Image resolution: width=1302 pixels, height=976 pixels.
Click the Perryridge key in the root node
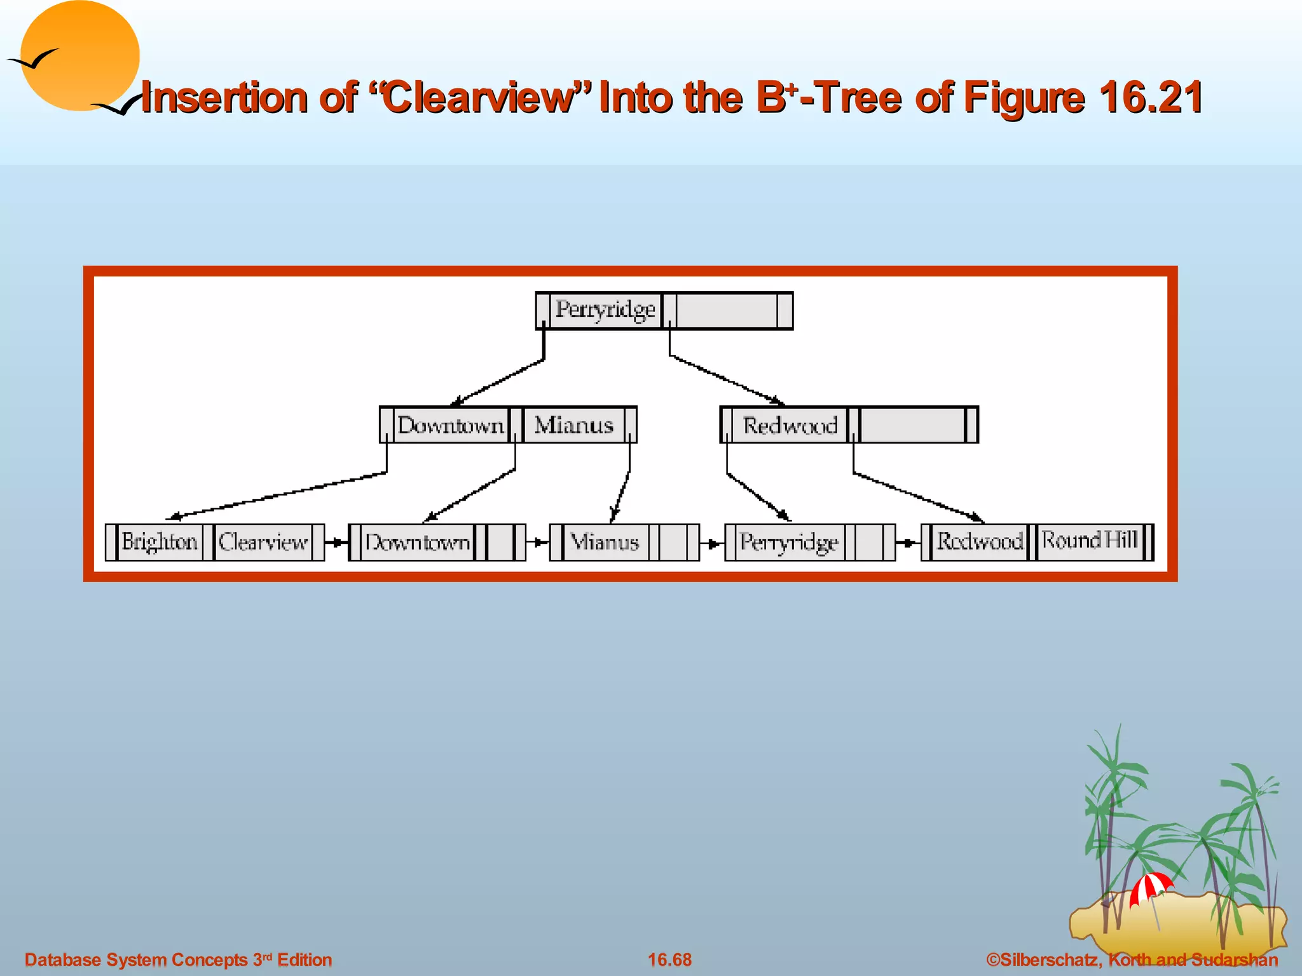(x=605, y=310)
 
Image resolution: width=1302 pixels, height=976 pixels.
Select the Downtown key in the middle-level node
(x=451, y=425)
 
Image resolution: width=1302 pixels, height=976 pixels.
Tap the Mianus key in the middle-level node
(x=573, y=425)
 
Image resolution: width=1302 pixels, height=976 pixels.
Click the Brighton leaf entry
(x=160, y=542)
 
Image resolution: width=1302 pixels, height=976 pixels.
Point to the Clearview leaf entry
(x=263, y=543)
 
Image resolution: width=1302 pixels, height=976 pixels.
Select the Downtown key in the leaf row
(x=417, y=543)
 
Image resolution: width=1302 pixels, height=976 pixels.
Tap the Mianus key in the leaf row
(x=605, y=543)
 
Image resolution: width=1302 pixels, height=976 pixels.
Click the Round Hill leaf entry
(x=1089, y=541)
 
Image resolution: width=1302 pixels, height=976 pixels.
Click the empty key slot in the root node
(x=727, y=311)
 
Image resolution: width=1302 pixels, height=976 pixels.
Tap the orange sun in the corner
(x=79, y=56)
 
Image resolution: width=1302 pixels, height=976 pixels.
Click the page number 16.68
(x=669, y=959)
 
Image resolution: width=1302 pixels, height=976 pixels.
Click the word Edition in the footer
(x=305, y=959)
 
